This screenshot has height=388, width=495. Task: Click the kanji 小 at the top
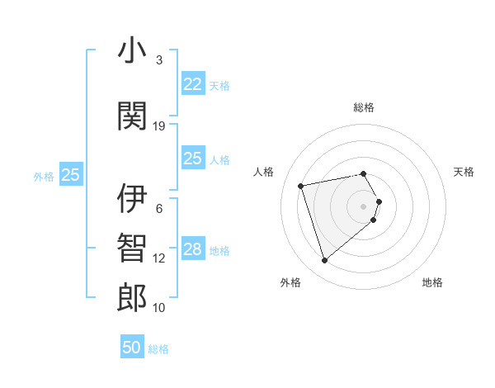click(x=132, y=51)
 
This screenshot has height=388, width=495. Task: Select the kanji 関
click(x=132, y=116)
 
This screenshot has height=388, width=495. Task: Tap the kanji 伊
click(x=132, y=199)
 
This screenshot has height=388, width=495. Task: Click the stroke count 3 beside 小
click(x=159, y=60)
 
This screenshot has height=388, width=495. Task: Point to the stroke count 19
click(x=159, y=126)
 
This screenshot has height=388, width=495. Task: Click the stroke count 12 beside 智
click(x=159, y=258)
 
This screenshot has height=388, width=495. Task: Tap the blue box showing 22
click(x=192, y=84)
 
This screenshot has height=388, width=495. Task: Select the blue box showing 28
click(x=192, y=249)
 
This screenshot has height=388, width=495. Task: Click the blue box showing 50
click(x=132, y=348)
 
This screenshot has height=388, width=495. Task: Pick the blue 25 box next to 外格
click(x=70, y=175)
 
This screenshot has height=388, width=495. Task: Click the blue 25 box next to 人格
click(x=192, y=159)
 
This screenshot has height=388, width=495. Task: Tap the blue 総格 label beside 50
click(x=158, y=349)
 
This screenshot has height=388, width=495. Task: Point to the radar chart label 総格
click(x=364, y=107)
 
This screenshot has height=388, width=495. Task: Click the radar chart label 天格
click(x=464, y=172)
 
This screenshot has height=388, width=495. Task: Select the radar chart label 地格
click(x=432, y=282)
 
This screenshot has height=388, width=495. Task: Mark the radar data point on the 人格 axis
click(x=301, y=185)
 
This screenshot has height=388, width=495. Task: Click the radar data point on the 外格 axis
click(x=324, y=261)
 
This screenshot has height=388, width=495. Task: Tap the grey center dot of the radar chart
click(x=364, y=206)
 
